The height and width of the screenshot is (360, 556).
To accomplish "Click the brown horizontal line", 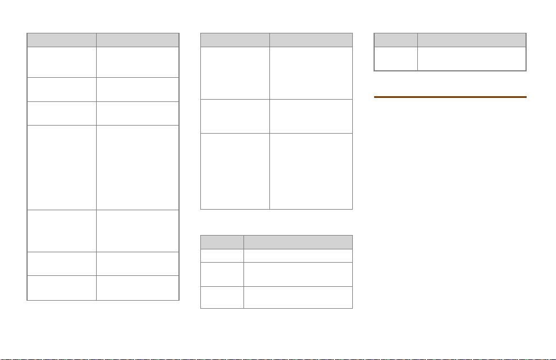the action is point(450,97).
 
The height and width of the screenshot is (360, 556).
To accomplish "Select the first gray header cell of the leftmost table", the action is point(62,40).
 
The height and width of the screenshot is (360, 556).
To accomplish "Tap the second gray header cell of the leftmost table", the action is point(137,40).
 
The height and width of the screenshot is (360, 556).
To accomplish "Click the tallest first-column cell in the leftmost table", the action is point(62,167).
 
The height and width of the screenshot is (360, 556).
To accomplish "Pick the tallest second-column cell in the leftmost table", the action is point(137,167).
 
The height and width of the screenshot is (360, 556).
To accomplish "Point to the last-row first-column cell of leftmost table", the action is point(62,287).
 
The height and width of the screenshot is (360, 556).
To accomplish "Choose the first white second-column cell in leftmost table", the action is point(137,62).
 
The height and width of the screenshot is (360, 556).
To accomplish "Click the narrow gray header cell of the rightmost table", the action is point(396,40).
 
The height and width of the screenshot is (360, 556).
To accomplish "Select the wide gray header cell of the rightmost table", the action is point(471,40).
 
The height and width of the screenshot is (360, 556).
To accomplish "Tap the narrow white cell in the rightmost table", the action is point(396,58).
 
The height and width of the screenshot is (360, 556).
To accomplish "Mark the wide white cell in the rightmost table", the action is point(471,58).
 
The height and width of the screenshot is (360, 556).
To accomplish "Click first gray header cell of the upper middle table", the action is point(235,40).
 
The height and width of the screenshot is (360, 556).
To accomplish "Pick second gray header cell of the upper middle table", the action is point(311,40).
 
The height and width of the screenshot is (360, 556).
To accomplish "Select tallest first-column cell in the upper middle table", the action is point(235,170).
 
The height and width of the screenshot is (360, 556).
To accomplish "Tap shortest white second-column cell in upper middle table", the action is point(311,116).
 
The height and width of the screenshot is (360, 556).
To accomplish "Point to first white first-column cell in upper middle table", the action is point(235,73).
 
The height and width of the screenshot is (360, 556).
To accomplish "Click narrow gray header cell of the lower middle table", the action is point(222,241).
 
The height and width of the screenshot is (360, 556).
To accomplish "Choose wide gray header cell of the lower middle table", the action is point(298,241).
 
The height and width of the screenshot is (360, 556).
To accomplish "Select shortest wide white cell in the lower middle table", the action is point(298,255).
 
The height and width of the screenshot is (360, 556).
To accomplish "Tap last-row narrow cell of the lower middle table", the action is point(222,297).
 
